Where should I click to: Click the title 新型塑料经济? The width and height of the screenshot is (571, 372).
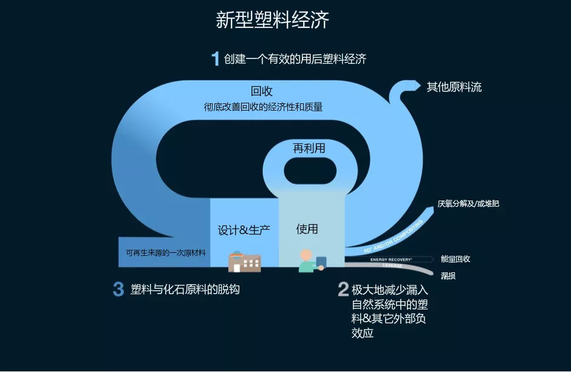pyautogui.click(x=272, y=20)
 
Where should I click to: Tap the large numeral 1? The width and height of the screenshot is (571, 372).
pyautogui.click(x=215, y=59)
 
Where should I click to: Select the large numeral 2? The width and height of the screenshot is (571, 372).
pyautogui.click(x=343, y=289)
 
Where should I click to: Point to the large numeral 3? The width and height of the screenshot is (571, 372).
pyautogui.click(x=118, y=289)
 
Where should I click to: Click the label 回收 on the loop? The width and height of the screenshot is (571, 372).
pyautogui.click(x=262, y=91)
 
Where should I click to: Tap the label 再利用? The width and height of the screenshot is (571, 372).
pyautogui.click(x=309, y=148)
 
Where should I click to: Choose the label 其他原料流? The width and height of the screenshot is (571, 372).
pyautogui.click(x=454, y=87)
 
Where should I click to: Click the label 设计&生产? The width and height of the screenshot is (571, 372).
pyautogui.click(x=244, y=230)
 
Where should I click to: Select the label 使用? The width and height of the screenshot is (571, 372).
pyautogui.click(x=307, y=229)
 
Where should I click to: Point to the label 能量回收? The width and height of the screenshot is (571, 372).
pyautogui.click(x=456, y=259)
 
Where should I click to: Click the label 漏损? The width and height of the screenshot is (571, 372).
pyautogui.click(x=448, y=276)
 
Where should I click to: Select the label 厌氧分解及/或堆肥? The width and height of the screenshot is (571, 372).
pyautogui.click(x=468, y=204)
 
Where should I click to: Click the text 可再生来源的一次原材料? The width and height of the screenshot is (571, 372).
pyautogui.click(x=165, y=253)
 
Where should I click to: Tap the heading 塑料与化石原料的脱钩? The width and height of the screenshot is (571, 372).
pyautogui.click(x=185, y=289)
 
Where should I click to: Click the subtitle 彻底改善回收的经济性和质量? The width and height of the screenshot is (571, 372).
pyautogui.click(x=263, y=107)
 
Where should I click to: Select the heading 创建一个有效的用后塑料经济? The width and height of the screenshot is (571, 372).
pyautogui.click(x=295, y=59)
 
